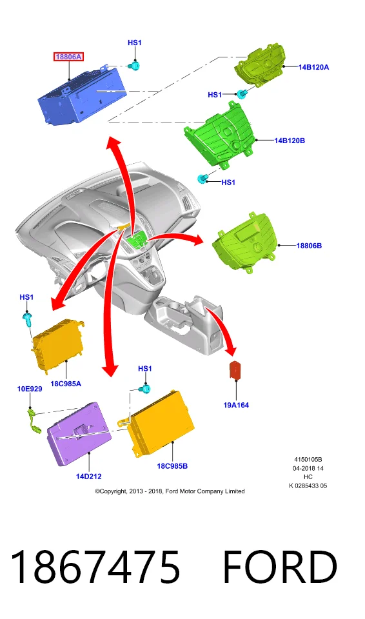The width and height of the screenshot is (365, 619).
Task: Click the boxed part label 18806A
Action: tap(68, 57)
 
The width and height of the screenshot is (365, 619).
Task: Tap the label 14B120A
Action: tap(313, 67)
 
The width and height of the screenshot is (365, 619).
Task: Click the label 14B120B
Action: tap(290, 140)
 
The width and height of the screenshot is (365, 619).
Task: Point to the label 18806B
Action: tap(309, 246)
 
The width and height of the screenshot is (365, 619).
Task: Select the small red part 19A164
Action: tap(236, 371)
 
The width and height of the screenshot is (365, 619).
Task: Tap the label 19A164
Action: tap(236, 405)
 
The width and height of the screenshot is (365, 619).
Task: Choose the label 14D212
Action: tap(89, 476)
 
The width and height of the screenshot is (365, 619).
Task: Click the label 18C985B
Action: tap(172, 466)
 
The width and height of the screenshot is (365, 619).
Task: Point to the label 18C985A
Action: tap(66, 383)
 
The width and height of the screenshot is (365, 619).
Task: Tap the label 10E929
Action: tap(30, 389)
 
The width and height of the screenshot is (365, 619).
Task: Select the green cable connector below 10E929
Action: tap(34, 422)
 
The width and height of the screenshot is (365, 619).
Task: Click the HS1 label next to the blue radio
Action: tap(135, 43)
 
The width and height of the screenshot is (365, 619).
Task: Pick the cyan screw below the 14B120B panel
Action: tap(202, 179)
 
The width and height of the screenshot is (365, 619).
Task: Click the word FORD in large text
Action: tap(280, 567)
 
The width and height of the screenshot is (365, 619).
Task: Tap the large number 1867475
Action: tap(95, 567)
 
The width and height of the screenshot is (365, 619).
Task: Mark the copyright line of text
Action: tap(170, 491)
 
